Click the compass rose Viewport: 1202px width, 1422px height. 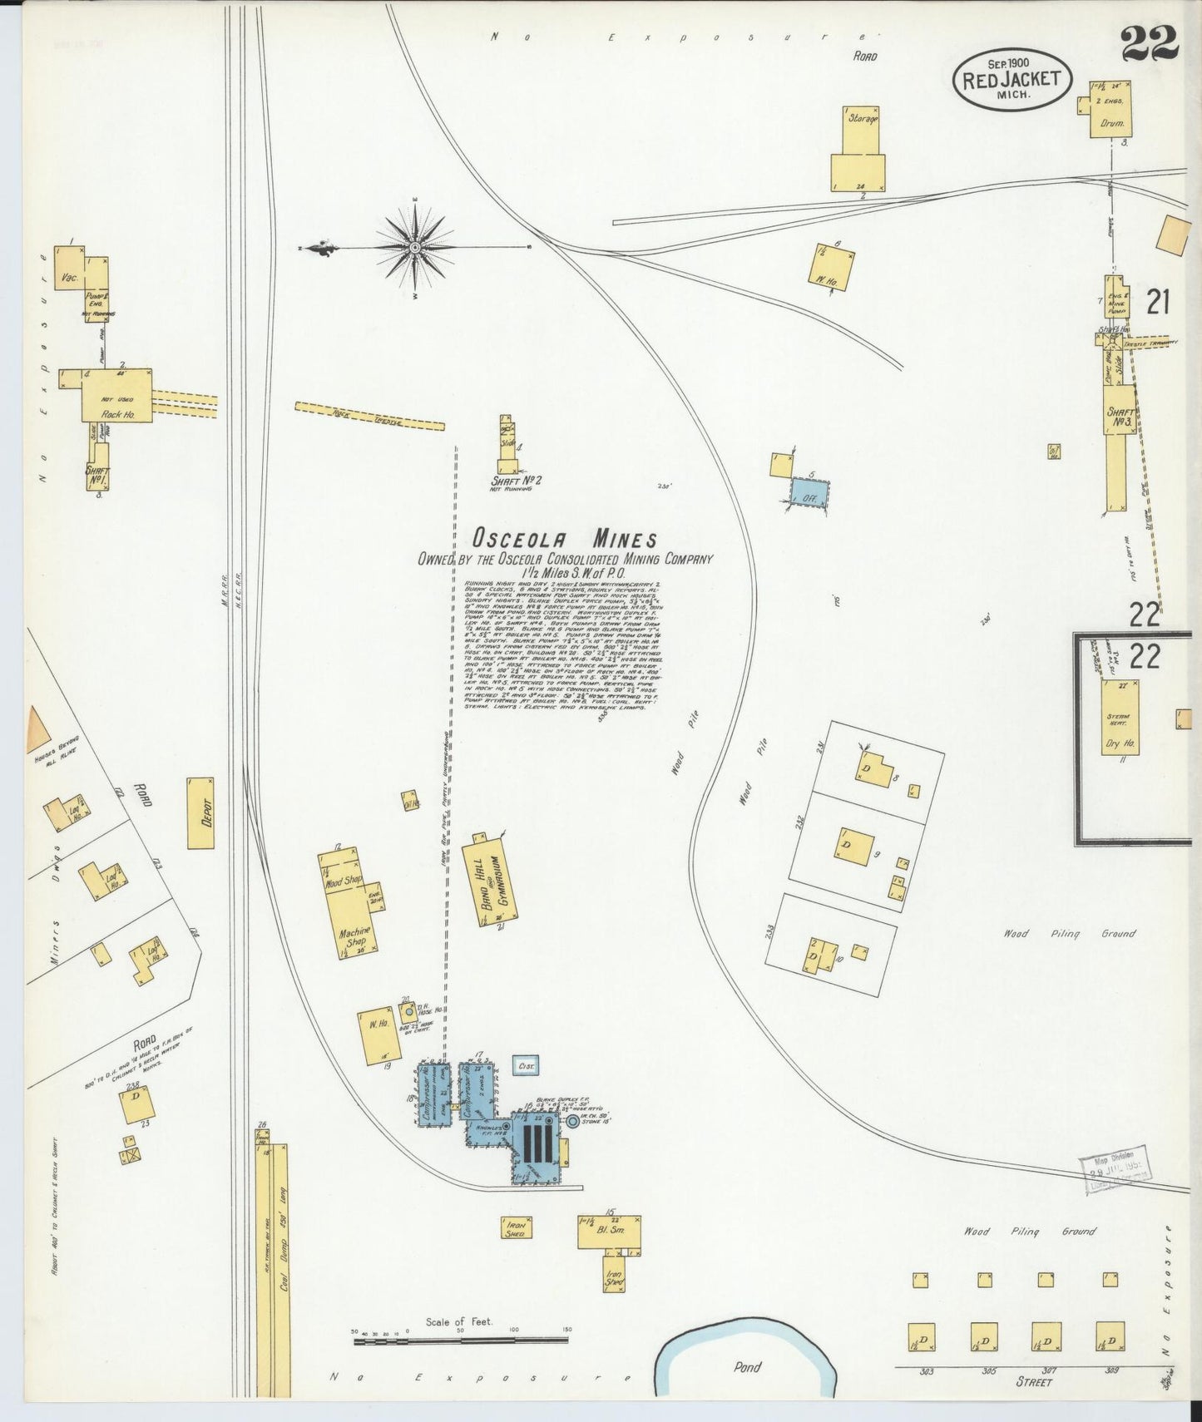415,247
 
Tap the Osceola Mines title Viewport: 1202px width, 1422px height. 565,538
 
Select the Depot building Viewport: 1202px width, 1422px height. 200,812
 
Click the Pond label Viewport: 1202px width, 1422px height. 747,1366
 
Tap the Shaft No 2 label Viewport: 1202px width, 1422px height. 517,480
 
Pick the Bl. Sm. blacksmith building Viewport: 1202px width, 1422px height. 610,1231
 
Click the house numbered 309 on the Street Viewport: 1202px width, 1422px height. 1110,1336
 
